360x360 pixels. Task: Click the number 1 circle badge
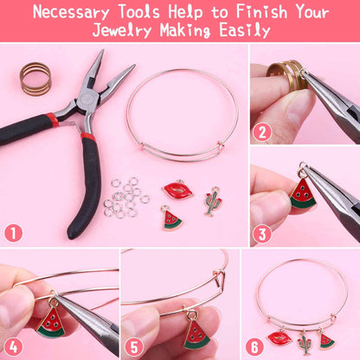coord(14,233)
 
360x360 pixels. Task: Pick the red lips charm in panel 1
coord(177,190)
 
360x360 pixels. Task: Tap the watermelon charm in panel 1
coord(172,219)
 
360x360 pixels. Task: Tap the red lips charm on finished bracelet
coord(281,337)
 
